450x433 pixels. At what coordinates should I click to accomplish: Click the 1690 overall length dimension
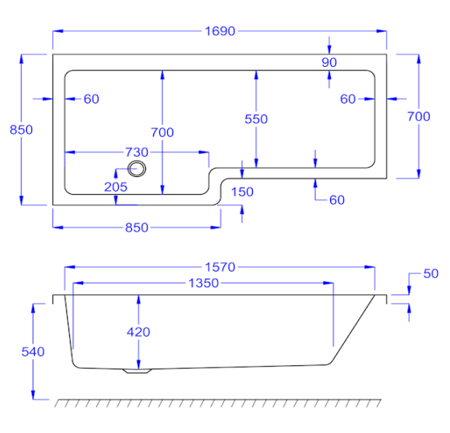pos(220,31)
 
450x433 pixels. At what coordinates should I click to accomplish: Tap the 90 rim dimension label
pos(329,62)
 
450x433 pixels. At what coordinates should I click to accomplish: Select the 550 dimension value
pos(256,119)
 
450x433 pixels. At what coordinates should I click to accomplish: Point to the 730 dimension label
pos(137,152)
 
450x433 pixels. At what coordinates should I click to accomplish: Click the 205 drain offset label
pos(116,187)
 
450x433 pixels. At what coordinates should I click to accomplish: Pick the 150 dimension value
pos(242,192)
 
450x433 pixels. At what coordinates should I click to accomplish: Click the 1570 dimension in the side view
pos(220,267)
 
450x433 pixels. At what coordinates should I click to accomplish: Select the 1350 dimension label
pos(204,283)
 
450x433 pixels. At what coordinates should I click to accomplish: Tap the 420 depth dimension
pos(139,332)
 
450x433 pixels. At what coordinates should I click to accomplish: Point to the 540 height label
pos(33,351)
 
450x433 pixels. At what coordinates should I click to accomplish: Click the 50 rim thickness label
pos(430,274)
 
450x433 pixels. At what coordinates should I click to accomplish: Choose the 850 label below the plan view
pos(137,228)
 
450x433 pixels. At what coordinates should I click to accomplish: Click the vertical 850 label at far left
pos(21,130)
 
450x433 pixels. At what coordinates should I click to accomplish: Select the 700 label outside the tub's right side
pos(419,117)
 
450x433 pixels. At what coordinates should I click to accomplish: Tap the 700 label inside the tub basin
pos(162,132)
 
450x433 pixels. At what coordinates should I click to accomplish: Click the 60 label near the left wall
pos(91,99)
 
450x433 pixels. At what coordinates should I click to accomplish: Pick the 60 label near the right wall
pos(348,99)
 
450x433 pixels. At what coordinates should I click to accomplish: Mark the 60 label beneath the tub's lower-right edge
pos(337,200)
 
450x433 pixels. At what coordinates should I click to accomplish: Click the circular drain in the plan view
pos(137,169)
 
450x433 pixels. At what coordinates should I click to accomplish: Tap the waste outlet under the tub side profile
pos(137,371)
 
